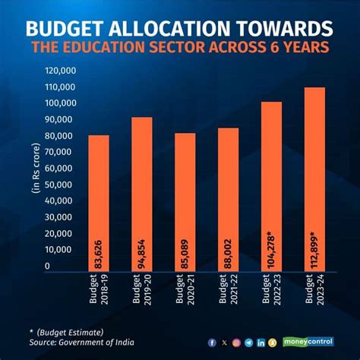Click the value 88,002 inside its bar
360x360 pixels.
[x=229, y=251]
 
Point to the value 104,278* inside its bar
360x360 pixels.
[x=271, y=248]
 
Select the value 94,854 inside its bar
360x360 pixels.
[x=142, y=251]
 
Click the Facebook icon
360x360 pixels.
[x=211, y=342]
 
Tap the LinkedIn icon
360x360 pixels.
[x=261, y=342]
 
